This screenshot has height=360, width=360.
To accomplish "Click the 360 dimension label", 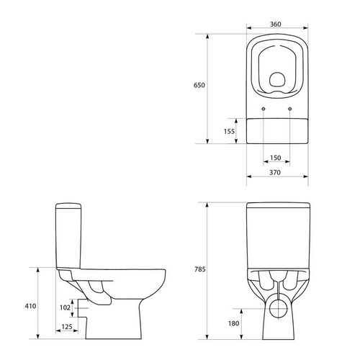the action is [x=276, y=24].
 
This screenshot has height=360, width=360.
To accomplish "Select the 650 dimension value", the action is [x=199, y=85].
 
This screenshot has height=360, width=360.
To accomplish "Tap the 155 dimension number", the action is [x=229, y=131].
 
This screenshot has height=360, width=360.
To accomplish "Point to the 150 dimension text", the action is [x=275, y=158].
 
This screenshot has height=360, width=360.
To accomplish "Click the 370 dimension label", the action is [x=275, y=173].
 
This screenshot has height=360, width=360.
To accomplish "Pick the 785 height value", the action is [x=200, y=269].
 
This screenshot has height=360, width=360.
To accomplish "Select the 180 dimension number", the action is [x=233, y=323].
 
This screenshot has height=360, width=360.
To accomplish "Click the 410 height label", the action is [x=30, y=306].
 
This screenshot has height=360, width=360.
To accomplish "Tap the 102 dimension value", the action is [x=65, y=307].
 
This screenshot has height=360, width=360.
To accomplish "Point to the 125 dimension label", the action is [x=67, y=327].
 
